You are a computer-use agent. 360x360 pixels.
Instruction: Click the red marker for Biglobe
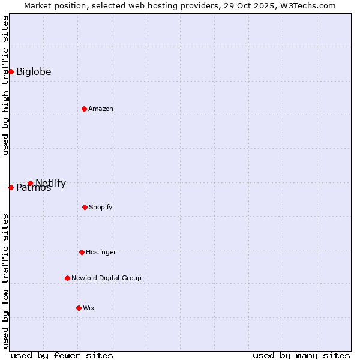tap(11, 71)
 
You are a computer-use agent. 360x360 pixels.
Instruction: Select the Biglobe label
tap(34, 72)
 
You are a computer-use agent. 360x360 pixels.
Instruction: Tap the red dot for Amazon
tap(84, 109)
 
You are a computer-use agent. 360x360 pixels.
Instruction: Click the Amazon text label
tap(101, 109)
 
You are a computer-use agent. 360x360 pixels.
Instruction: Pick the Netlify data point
tap(30, 183)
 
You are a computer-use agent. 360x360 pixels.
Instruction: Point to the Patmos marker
tap(11, 187)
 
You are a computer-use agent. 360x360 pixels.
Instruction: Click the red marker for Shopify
tap(85, 207)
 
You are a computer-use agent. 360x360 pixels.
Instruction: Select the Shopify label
tap(101, 208)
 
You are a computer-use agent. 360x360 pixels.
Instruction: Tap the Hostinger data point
tap(82, 252)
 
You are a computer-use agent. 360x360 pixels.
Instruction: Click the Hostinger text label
tap(101, 253)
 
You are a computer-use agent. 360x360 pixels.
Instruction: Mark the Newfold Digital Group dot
tap(67, 278)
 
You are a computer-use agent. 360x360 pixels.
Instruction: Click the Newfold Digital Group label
tap(106, 278)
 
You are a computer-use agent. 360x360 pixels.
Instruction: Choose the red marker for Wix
tap(79, 308)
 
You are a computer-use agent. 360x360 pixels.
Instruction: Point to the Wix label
tap(89, 308)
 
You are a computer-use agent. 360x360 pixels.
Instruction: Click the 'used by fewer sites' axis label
tap(62, 356)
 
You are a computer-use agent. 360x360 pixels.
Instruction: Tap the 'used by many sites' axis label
tap(301, 356)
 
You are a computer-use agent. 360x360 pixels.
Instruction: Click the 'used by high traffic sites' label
tap(5, 85)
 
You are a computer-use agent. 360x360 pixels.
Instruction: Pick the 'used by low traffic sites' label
tap(5, 281)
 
